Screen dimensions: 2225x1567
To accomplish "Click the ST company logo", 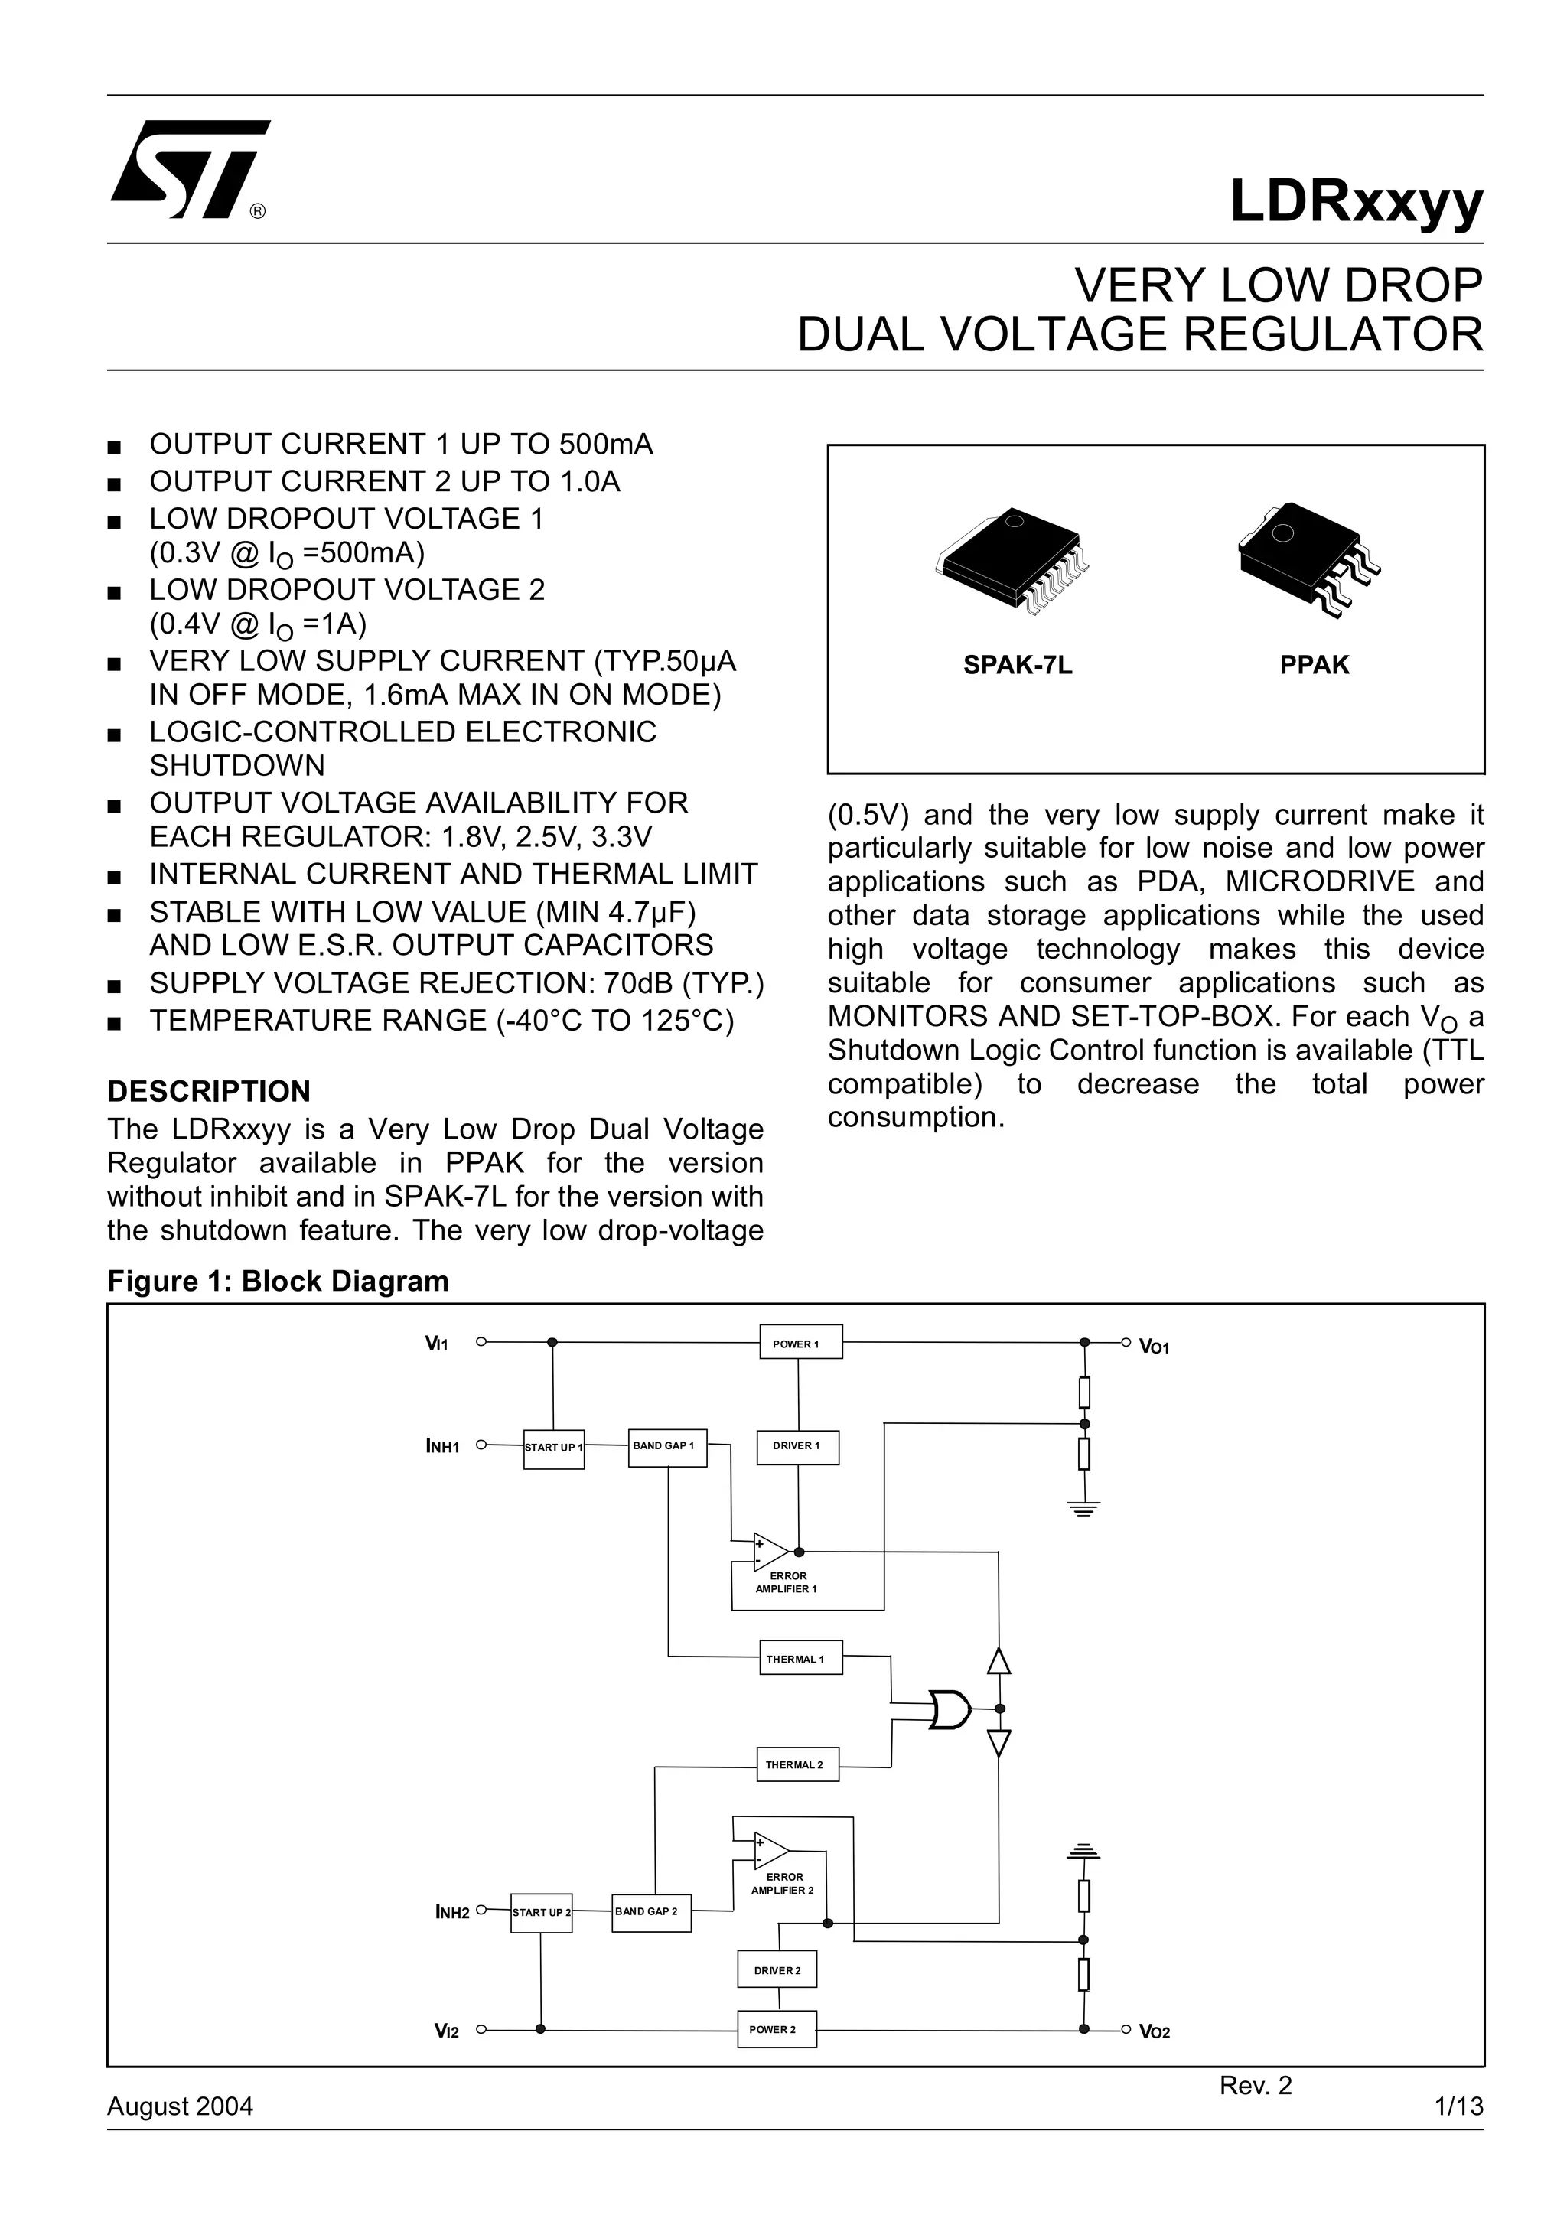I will pyautogui.click(x=189, y=170).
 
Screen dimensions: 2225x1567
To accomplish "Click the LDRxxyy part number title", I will pyautogui.click(x=1356, y=201).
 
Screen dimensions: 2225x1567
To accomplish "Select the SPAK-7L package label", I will pyautogui.click(x=1017, y=665).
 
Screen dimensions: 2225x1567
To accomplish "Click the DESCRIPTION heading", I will pyautogui.click(x=208, y=1091).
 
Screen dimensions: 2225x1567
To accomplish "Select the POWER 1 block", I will pyautogui.click(x=800, y=1342).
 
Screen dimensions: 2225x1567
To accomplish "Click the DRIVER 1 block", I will pyautogui.click(x=797, y=1446).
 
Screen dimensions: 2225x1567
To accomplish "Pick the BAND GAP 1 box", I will pyautogui.click(x=666, y=1447).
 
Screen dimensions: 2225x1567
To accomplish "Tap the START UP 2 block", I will pyautogui.click(x=541, y=1912).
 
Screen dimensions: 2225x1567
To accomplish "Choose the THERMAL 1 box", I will pyautogui.click(x=800, y=1659).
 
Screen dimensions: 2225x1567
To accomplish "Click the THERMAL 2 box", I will pyautogui.click(x=797, y=1764).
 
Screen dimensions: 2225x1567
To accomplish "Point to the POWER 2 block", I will pyautogui.click(x=777, y=2028).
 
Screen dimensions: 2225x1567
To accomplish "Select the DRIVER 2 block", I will pyautogui.click(x=777, y=1969).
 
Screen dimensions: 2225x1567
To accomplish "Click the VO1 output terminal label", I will pyautogui.click(x=1154, y=1347).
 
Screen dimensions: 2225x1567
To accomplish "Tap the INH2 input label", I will pyautogui.click(x=452, y=1913).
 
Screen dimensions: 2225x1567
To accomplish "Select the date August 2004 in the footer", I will pyautogui.click(x=181, y=2106).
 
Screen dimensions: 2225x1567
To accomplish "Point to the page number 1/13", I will pyautogui.click(x=1458, y=2106).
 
